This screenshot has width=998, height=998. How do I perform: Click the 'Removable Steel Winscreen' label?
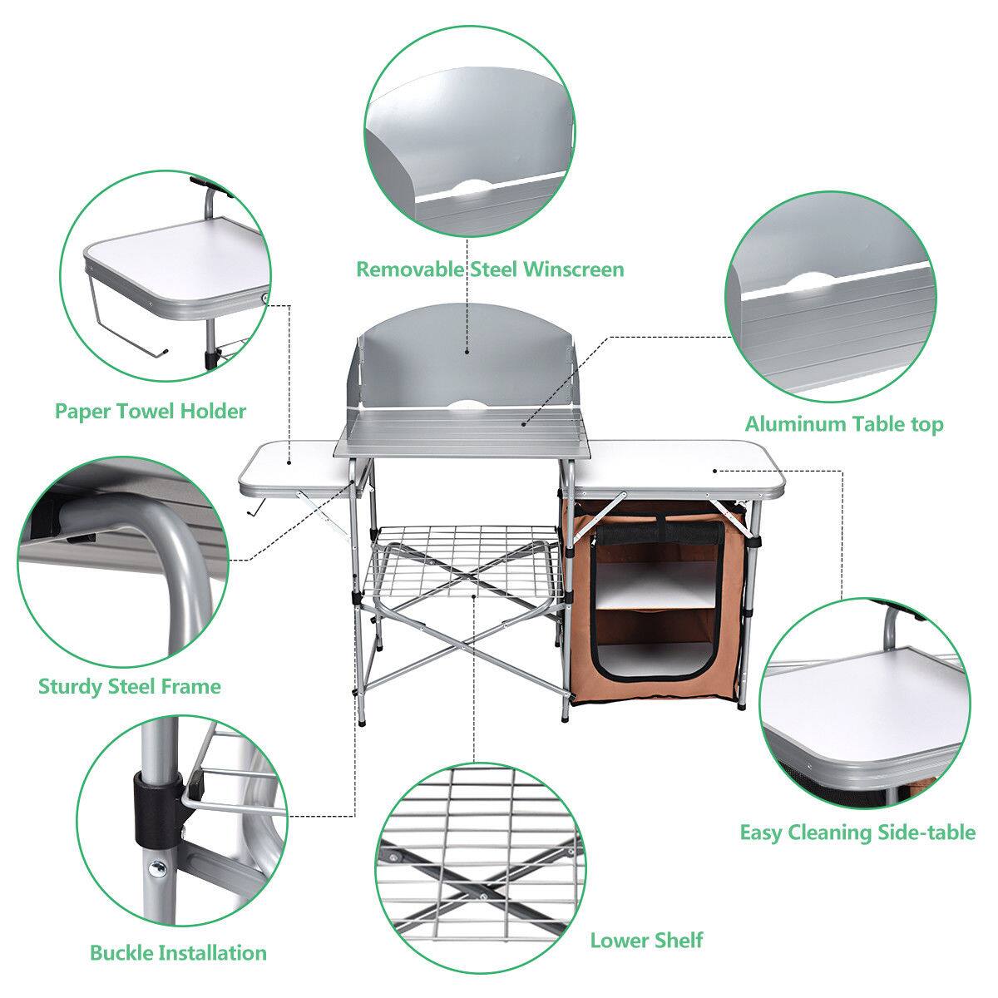tap(490, 269)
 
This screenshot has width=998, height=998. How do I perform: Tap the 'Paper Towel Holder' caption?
tap(151, 411)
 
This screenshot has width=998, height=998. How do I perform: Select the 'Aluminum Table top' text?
tap(843, 424)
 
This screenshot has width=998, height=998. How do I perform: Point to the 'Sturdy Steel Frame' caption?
tap(130, 686)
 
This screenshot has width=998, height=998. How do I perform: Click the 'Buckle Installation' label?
tap(178, 952)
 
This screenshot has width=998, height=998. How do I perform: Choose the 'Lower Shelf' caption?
tap(646, 941)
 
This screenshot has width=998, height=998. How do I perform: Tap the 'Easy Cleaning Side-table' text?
tap(857, 832)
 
